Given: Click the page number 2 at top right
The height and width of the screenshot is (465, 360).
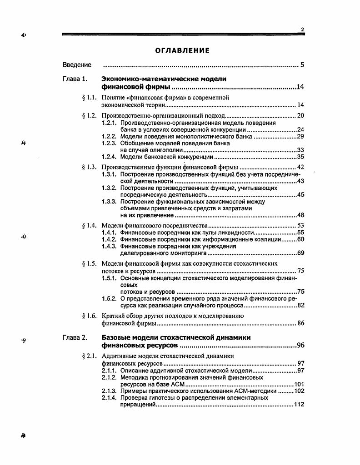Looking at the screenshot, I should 302,30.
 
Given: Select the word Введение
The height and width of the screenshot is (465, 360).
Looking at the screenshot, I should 77,65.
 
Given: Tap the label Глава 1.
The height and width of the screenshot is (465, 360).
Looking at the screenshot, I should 75,79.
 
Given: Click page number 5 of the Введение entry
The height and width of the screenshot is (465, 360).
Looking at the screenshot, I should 302,65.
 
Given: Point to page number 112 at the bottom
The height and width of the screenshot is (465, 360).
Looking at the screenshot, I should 299,404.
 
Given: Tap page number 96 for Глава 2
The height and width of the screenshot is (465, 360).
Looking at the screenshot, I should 300,346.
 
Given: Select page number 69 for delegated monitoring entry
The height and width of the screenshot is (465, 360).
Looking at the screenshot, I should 300,253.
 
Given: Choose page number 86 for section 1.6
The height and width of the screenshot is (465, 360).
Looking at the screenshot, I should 300,323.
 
